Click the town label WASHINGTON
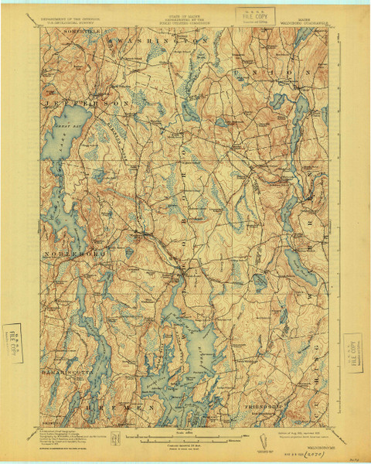[158, 38]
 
